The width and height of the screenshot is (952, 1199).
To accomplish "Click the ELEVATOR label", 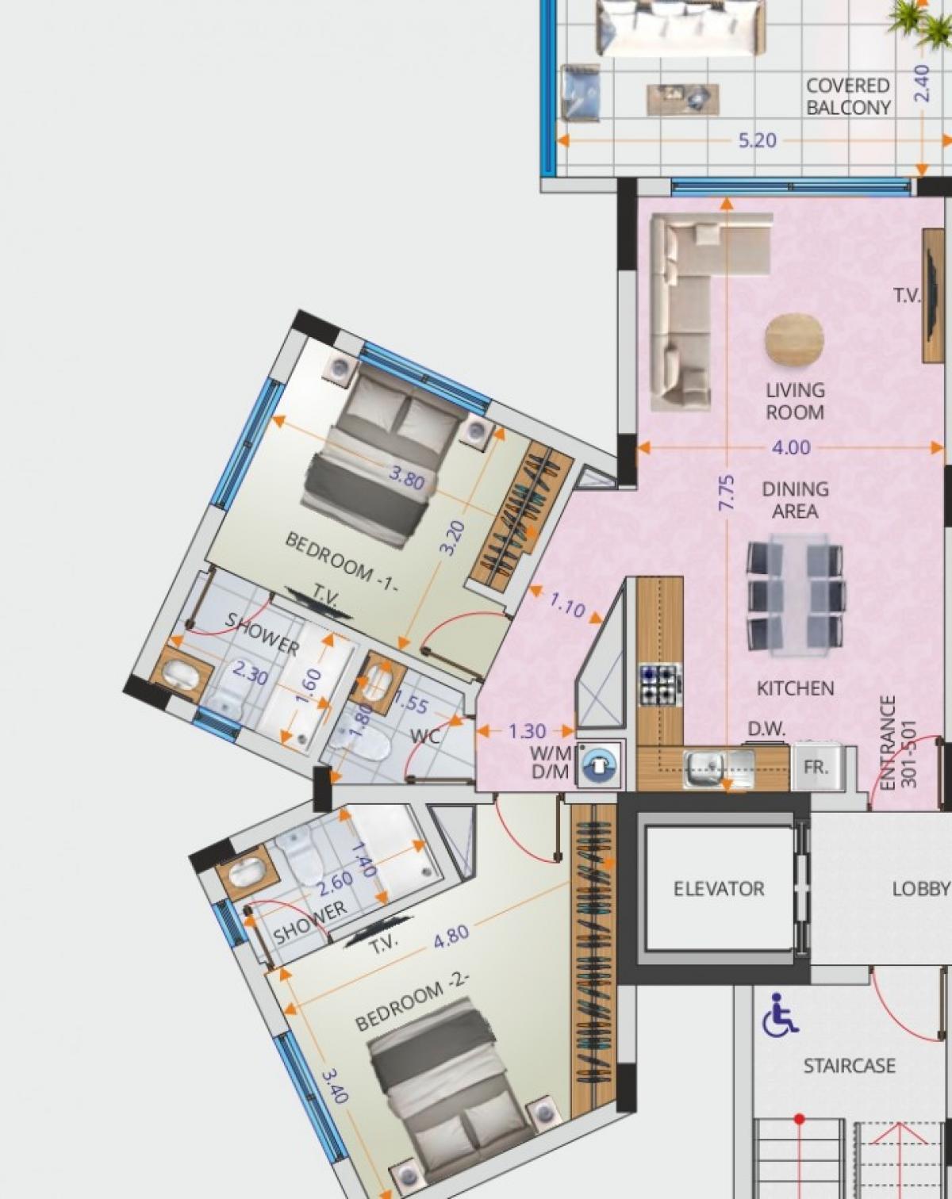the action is [719, 889].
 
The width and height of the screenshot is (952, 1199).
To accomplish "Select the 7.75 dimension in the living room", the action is [727, 492].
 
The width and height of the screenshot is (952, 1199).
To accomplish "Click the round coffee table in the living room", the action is [795, 341].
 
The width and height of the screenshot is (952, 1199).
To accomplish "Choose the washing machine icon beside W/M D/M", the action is [600, 765].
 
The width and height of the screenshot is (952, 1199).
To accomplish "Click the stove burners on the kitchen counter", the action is [659, 684].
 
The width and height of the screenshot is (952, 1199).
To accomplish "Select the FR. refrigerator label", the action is [816, 767].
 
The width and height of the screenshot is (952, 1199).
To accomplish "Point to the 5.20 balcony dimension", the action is [758, 140].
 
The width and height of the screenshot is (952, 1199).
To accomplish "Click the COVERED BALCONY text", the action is [848, 97].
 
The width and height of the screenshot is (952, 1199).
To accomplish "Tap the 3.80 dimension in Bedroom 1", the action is [406, 478].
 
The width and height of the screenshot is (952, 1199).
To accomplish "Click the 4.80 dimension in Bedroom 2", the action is [451, 936].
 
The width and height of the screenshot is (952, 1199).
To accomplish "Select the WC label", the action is [426, 737].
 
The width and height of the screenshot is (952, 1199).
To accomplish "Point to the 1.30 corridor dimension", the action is [527, 731].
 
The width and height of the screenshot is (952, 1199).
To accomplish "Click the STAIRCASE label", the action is [850, 1066].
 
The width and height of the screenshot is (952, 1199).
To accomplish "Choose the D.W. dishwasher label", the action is [766, 729].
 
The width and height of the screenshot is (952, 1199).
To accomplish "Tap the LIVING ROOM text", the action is [795, 402].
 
